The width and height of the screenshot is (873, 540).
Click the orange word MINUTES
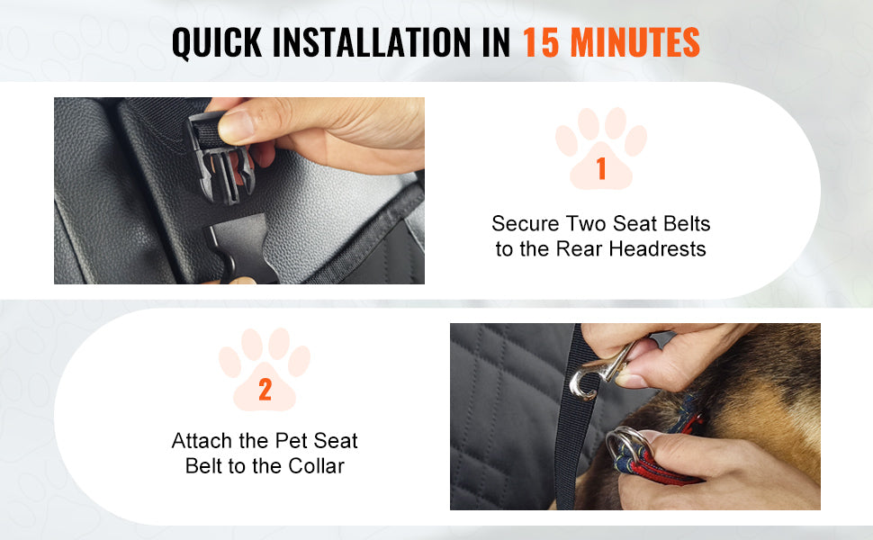[x=635, y=43]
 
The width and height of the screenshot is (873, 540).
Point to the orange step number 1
[x=601, y=168]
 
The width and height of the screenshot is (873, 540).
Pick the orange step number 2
[x=265, y=390]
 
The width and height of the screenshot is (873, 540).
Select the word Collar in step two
[x=313, y=466]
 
